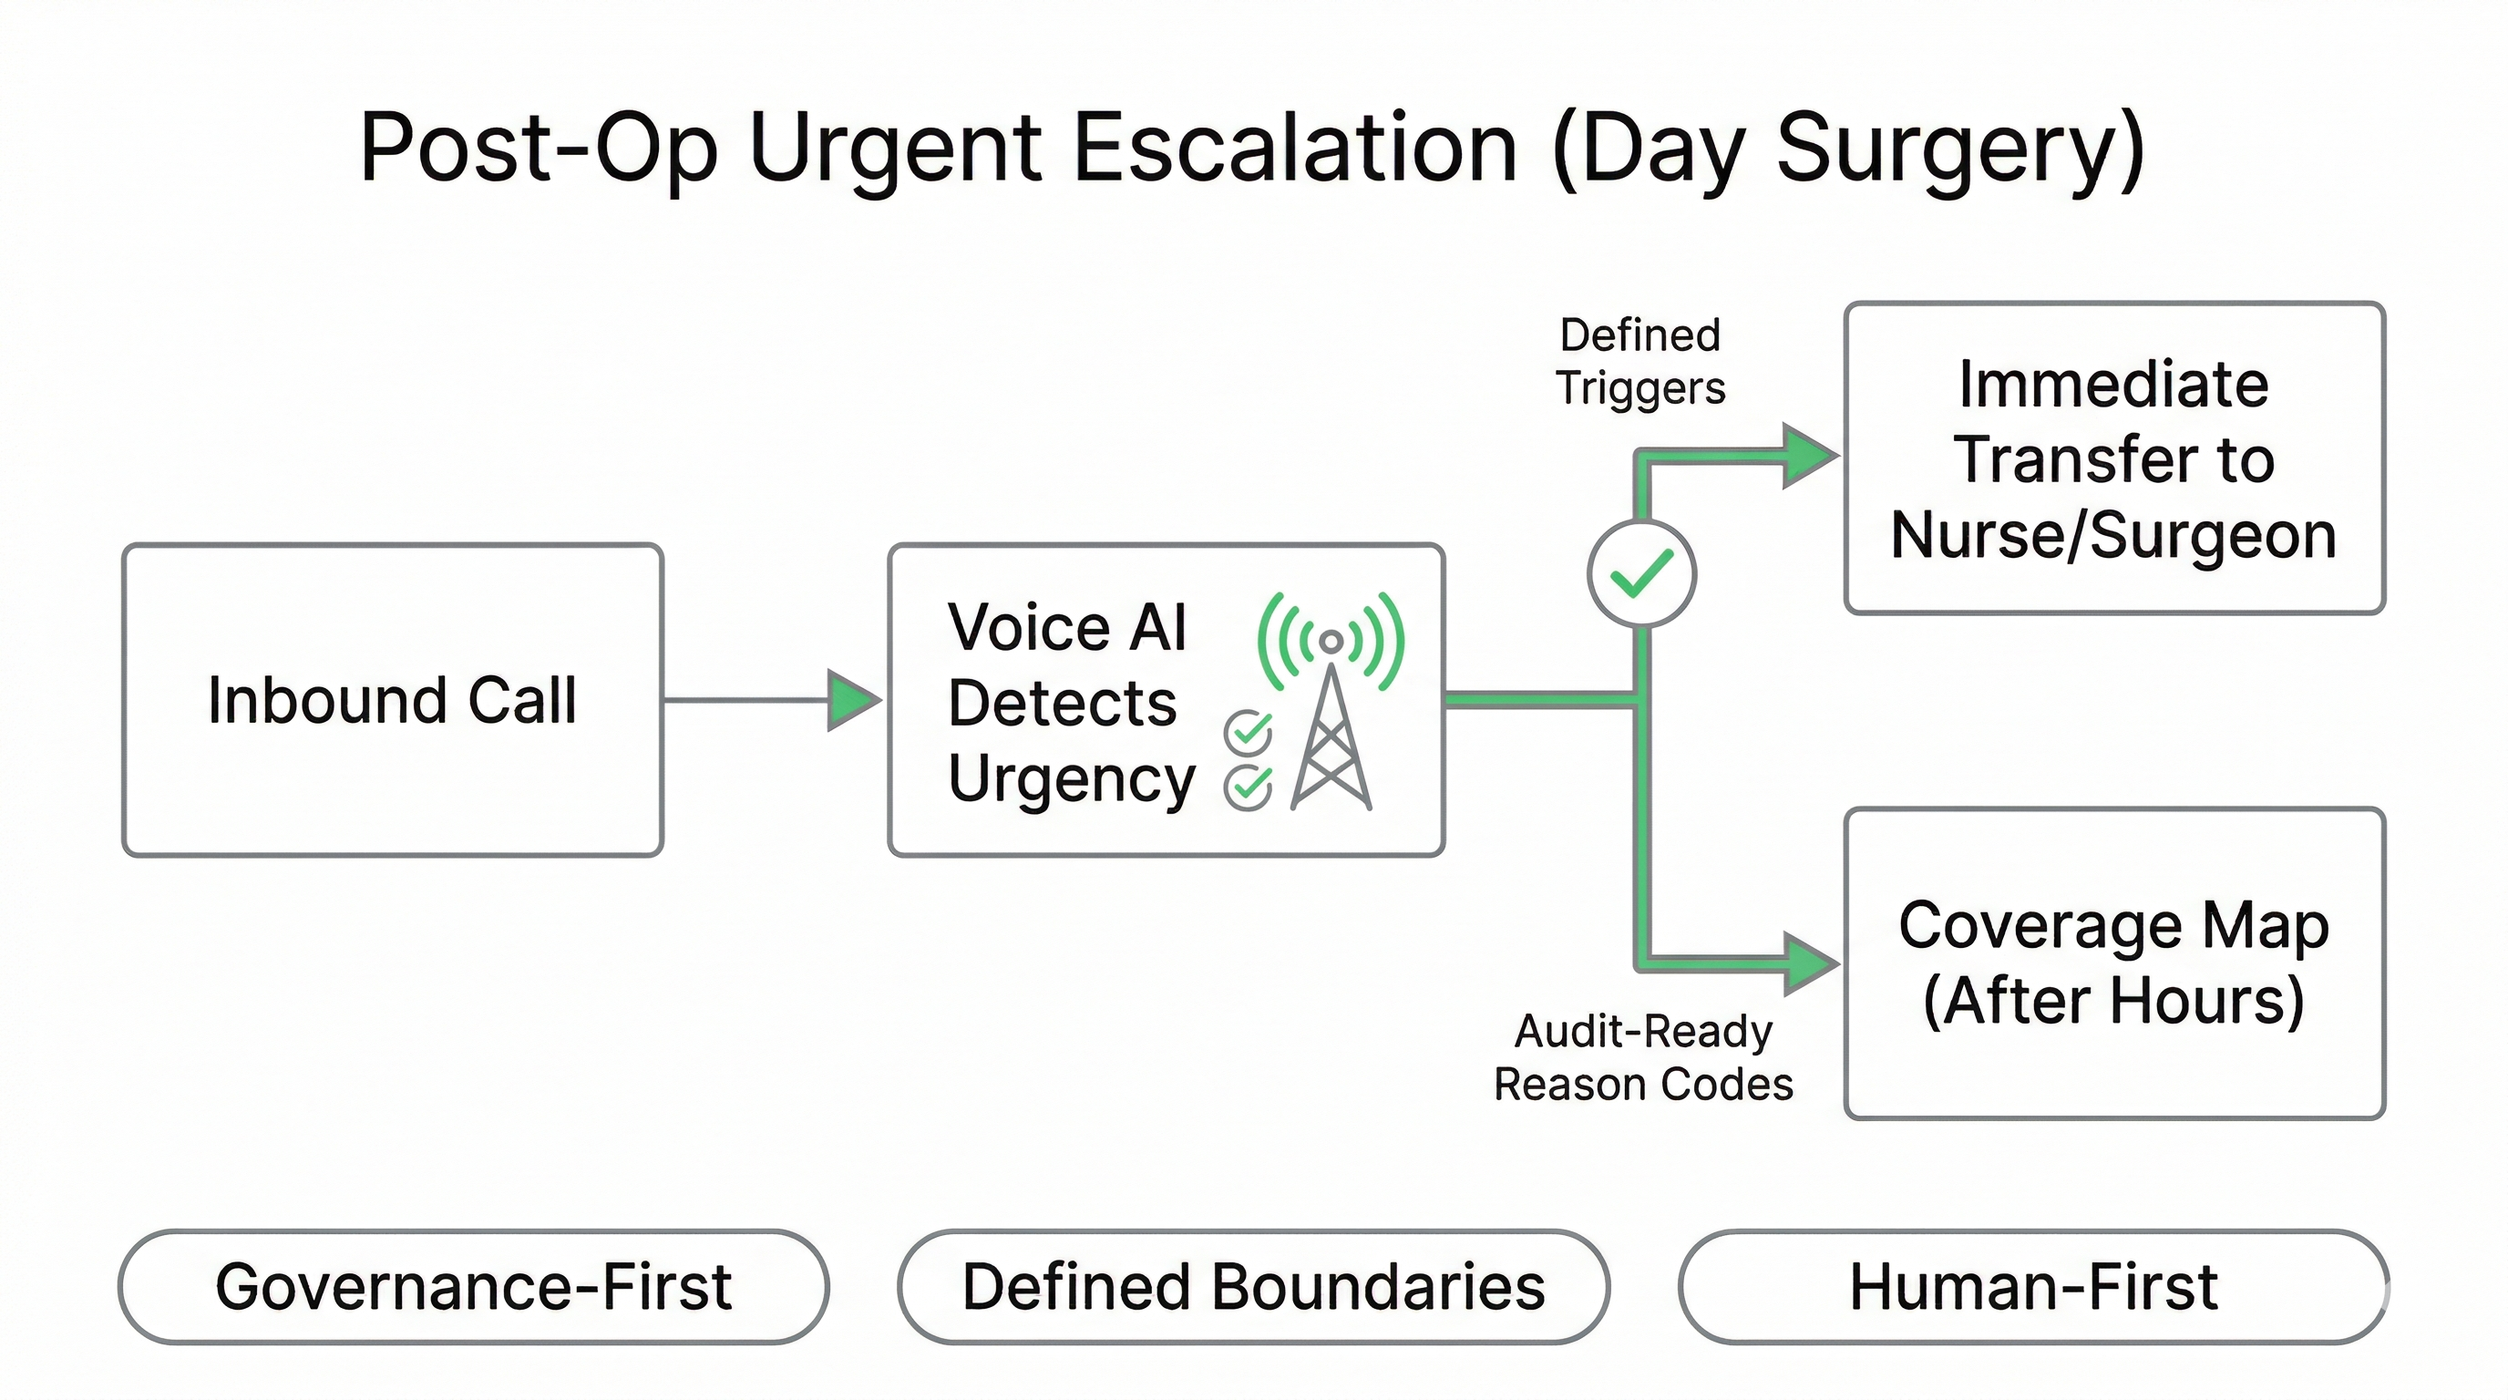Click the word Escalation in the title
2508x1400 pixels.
pyautogui.click(x=1295, y=148)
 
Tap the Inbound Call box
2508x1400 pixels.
pyautogui.click(x=393, y=700)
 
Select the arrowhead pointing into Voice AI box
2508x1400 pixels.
pyautogui.click(x=853, y=700)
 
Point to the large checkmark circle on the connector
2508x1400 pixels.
pyautogui.click(x=1641, y=573)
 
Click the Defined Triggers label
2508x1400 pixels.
pyautogui.click(x=1640, y=361)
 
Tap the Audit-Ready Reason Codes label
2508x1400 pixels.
pyautogui.click(x=1643, y=1057)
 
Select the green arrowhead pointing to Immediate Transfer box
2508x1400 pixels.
pyautogui.click(x=1809, y=456)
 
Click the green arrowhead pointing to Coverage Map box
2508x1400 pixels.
pyautogui.click(x=1809, y=963)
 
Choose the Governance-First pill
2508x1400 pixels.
pyautogui.click(x=473, y=1287)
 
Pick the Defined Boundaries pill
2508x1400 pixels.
pyautogui.click(x=1253, y=1287)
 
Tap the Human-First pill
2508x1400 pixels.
pyautogui.click(x=2033, y=1287)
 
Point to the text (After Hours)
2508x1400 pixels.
pyautogui.click(x=2112, y=1001)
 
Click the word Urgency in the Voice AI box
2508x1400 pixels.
pyautogui.click(x=1071, y=779)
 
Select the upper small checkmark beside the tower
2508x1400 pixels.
pyautogui.click(x=1249, y=732)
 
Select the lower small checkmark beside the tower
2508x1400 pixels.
pyautogui.click(x=1249, y=787)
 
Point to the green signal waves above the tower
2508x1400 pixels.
pyautogui.click(x=1331, y=638)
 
